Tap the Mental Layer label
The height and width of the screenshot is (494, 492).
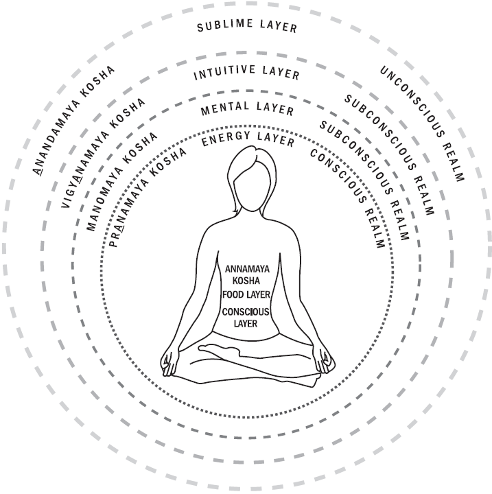(x=247, y=110)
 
